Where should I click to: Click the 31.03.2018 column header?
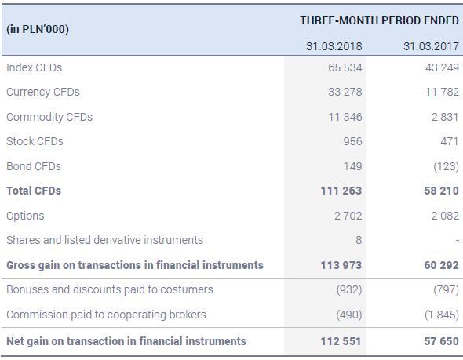coord(334,46)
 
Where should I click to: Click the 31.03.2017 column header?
coord(431,46)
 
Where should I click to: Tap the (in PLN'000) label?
coord(38,29)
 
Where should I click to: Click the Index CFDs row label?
coord(34,67)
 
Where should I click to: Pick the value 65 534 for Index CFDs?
coord(345,67)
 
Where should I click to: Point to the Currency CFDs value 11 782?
coord(442,92)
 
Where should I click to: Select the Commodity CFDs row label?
coord(49,117)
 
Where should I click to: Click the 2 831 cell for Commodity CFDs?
coord(445,117)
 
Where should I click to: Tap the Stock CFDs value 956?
coord(352,141)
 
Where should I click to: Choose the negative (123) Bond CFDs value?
coord(443,166)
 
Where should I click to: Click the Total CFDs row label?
coord(34,191)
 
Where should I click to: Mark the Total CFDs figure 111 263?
coord(341,191)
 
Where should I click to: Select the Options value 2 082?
coord(445,216)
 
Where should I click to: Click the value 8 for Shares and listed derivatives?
coord(358,240)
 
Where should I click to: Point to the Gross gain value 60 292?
coord(441,265)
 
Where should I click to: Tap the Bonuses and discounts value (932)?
coord(348,289)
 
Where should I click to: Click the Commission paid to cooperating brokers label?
coord(106,315)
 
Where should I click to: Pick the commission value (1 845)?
coord(440,315)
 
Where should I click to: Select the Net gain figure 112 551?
coord(341,341)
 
